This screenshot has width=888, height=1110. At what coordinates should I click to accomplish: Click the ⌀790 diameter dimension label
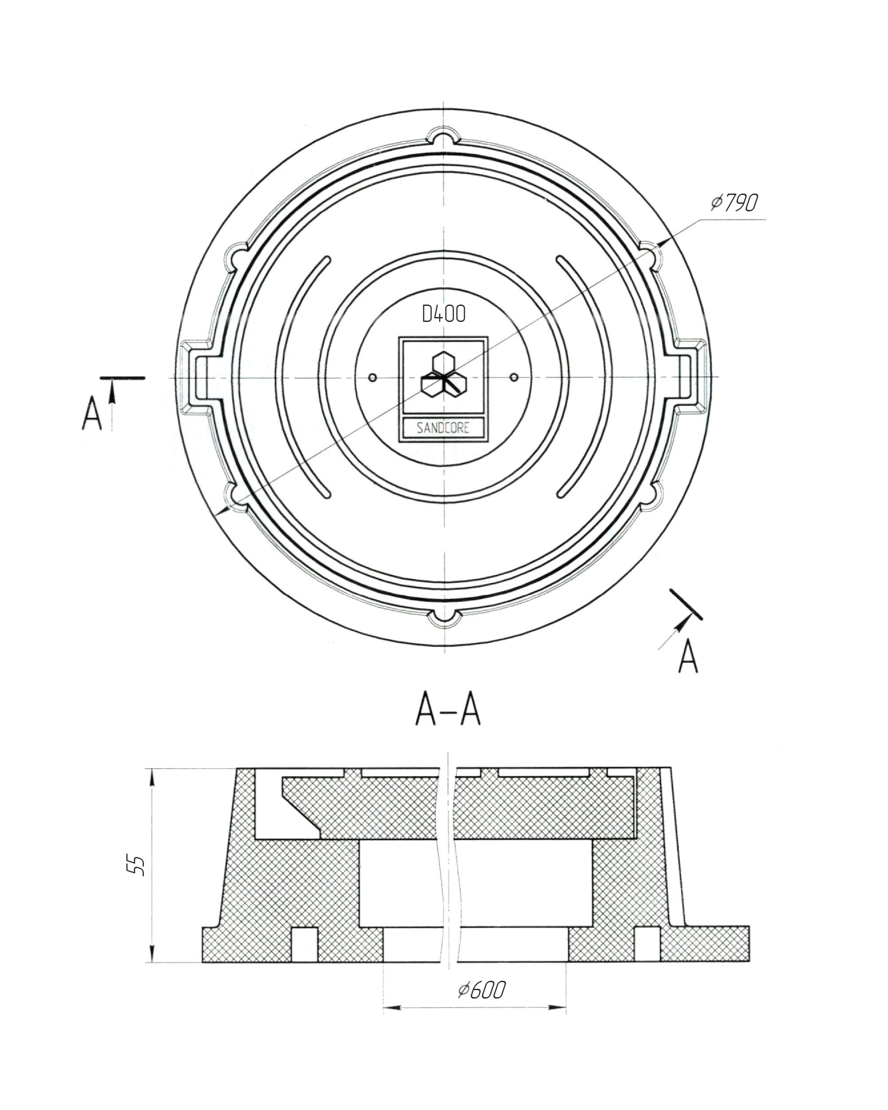click(734, 202)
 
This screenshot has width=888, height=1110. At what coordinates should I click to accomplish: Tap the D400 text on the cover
click(443, 313)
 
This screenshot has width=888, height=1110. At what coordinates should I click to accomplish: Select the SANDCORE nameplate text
click(443, 428)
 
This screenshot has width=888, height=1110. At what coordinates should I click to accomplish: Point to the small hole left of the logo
click(373, 378)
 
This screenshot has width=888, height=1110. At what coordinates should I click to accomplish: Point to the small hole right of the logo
click(514, 377)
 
